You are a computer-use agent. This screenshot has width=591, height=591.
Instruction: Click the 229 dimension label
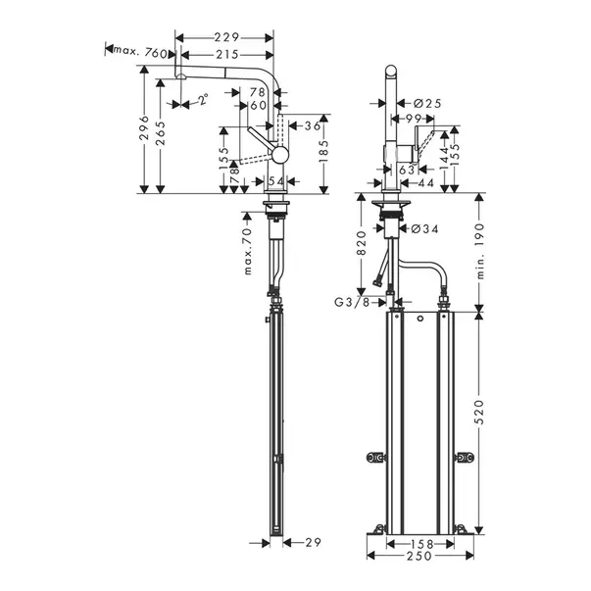pyautogui.click(x=227, y=37)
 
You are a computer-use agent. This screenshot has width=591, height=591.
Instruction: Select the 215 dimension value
pyautogui.click(x=227, y=55)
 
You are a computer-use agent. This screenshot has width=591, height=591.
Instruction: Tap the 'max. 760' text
pyautogui.click(x=140, y=52)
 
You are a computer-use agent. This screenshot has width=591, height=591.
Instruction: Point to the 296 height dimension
pyautogui.click(x=144, y=127)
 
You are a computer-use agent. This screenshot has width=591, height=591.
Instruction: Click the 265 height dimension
pyautogui.click(x=161, y=132)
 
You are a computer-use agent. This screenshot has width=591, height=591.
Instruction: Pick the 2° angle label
pyautogui.click(x=204, y=99)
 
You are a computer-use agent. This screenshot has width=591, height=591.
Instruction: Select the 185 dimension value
pyautogui.click(x=323, y=151)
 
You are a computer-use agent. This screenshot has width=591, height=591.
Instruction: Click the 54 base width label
pyautogui.click(x=276, y=181)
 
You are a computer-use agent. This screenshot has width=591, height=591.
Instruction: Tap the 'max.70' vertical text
pyautogui.click(x=248, y=251)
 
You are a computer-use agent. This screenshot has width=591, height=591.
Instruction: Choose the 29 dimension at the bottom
pyautogui.click(x=313, y=542)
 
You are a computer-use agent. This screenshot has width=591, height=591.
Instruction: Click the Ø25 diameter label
pyautogui.click(x=427, y=103)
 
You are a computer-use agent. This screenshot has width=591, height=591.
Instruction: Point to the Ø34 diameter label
pyautogui.click(x=424, y=228)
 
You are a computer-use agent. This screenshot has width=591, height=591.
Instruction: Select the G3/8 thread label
pyautogui.click(x=352, y=302)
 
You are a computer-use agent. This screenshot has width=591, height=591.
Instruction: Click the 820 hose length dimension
pyautogui.click(x=362, y=243)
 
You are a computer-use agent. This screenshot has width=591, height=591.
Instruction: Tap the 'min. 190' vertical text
pyautogui.click(x=480, y=251)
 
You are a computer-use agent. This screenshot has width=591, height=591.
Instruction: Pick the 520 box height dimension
pyautogui.click(x=480, y=412)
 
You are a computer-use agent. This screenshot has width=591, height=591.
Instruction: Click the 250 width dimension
pyautogui.click(x=419, y=555)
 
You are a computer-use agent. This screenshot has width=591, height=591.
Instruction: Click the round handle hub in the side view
pyautogui.click(x=279, y=155)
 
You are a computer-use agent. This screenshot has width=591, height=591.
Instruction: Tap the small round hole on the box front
pyautogui.click(x=420, y=319)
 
